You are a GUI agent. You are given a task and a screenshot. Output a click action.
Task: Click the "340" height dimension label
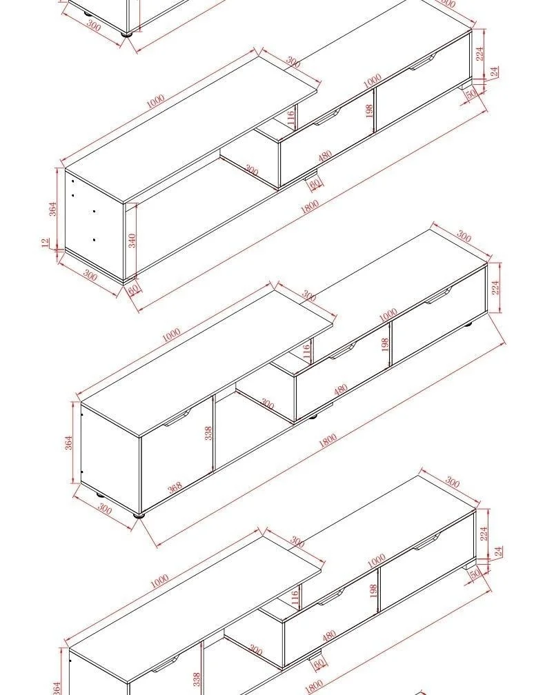tap(132, 241)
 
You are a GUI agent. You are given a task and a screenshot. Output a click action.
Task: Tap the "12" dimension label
tap(46, 243)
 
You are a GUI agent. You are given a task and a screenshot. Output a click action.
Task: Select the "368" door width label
tap(175, 487)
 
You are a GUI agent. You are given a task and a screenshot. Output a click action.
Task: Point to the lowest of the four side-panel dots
tap(94, 240)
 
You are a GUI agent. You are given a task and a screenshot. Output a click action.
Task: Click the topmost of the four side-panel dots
tap(73, 181)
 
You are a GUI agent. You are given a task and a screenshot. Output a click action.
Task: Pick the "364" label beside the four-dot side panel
tap(52, 209)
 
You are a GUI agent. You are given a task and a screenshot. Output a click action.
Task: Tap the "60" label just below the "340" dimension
tap(134, 289)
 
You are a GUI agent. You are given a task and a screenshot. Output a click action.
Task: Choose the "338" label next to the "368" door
tap(208, 433)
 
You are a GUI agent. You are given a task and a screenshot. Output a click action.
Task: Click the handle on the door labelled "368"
tap(177, 418)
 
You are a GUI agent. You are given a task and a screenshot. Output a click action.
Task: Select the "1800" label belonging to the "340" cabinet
tap(310, 207)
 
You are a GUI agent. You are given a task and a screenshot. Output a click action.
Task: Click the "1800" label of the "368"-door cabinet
tap(328, 440)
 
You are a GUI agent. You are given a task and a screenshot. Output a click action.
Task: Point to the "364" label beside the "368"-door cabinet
tap(69, 443)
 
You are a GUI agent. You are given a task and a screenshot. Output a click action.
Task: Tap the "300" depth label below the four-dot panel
tap(90, 276)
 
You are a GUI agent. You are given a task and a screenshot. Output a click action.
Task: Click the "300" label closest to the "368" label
tap(105, 508)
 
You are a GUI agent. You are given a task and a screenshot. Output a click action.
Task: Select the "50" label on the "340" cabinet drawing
tap(471, 94)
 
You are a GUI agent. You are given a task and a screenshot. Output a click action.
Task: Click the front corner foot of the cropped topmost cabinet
tap(127, 34)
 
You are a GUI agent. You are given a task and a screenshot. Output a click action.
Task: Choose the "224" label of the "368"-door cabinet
tap(496, 288)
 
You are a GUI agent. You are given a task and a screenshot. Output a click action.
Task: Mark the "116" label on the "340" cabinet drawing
tap(290, 118)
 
